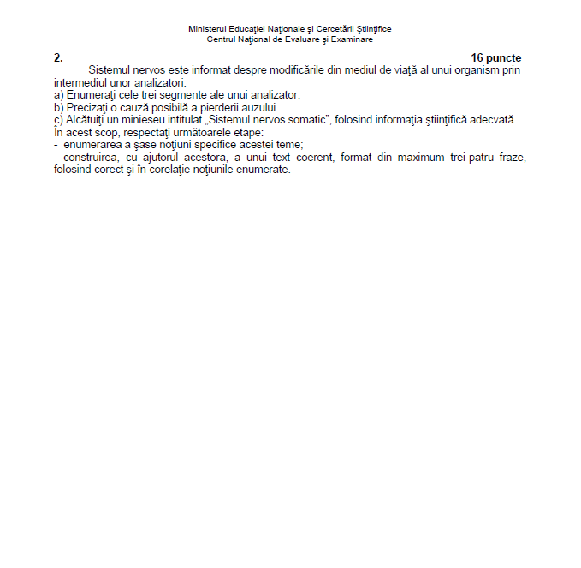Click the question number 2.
click(58, 58)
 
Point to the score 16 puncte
click(496, 58)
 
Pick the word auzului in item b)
click(259, 107)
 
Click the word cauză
click(145, 107)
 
